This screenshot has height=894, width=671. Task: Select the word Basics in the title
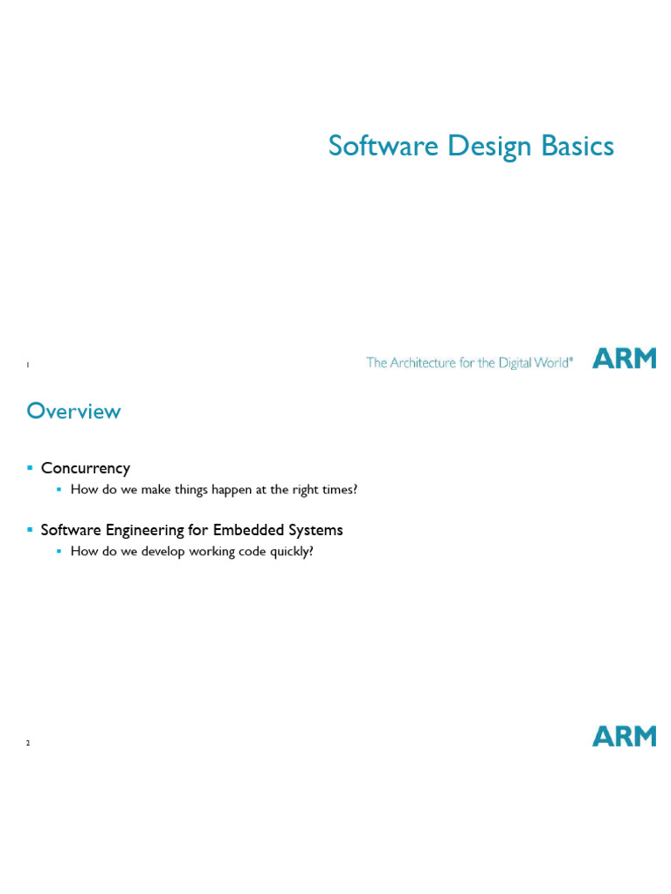(578, 146)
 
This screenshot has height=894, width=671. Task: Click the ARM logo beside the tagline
(624, 358)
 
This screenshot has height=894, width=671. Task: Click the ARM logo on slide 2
(624, 736)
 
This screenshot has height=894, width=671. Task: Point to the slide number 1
(28, 364)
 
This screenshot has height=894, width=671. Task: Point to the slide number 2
(28, 743)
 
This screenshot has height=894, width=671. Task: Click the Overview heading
(73, 410)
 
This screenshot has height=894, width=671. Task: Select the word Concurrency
(85, 469)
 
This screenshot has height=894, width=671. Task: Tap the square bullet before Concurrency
(31, 469)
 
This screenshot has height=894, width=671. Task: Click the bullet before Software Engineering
(31, 530)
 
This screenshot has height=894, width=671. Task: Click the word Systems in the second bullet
(316, 530)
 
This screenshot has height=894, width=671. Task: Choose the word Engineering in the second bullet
(148, 531)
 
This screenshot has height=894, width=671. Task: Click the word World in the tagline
(554, 362)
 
